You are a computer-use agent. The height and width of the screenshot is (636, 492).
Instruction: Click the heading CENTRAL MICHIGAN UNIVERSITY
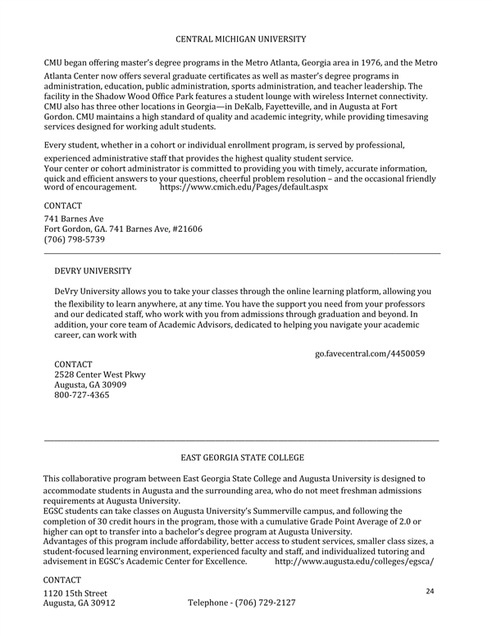pos(241,39)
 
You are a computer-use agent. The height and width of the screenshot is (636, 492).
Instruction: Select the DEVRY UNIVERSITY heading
pos(93,270)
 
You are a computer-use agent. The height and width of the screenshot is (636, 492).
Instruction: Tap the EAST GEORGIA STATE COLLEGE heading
pos(242,457)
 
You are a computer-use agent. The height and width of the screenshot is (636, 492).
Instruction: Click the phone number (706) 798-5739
pos(74,239)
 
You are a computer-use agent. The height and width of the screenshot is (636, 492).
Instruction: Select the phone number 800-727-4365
pos(82,395)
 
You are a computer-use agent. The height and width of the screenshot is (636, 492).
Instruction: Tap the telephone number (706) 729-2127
pos(241,602)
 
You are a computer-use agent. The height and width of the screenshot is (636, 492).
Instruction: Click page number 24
pos(430,590)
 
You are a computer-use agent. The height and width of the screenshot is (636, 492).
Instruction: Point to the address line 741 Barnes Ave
pos(74,219)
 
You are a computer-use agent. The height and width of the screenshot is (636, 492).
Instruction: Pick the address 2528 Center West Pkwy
pos(99,375)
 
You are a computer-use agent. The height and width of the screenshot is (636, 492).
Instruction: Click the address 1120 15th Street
pos(75,593)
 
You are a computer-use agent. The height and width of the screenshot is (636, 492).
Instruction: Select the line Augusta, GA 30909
pos(90,384)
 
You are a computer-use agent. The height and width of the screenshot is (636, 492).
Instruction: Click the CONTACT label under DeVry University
pos(73,364)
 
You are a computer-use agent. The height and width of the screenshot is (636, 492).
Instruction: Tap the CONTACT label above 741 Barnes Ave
pos(62,205)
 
